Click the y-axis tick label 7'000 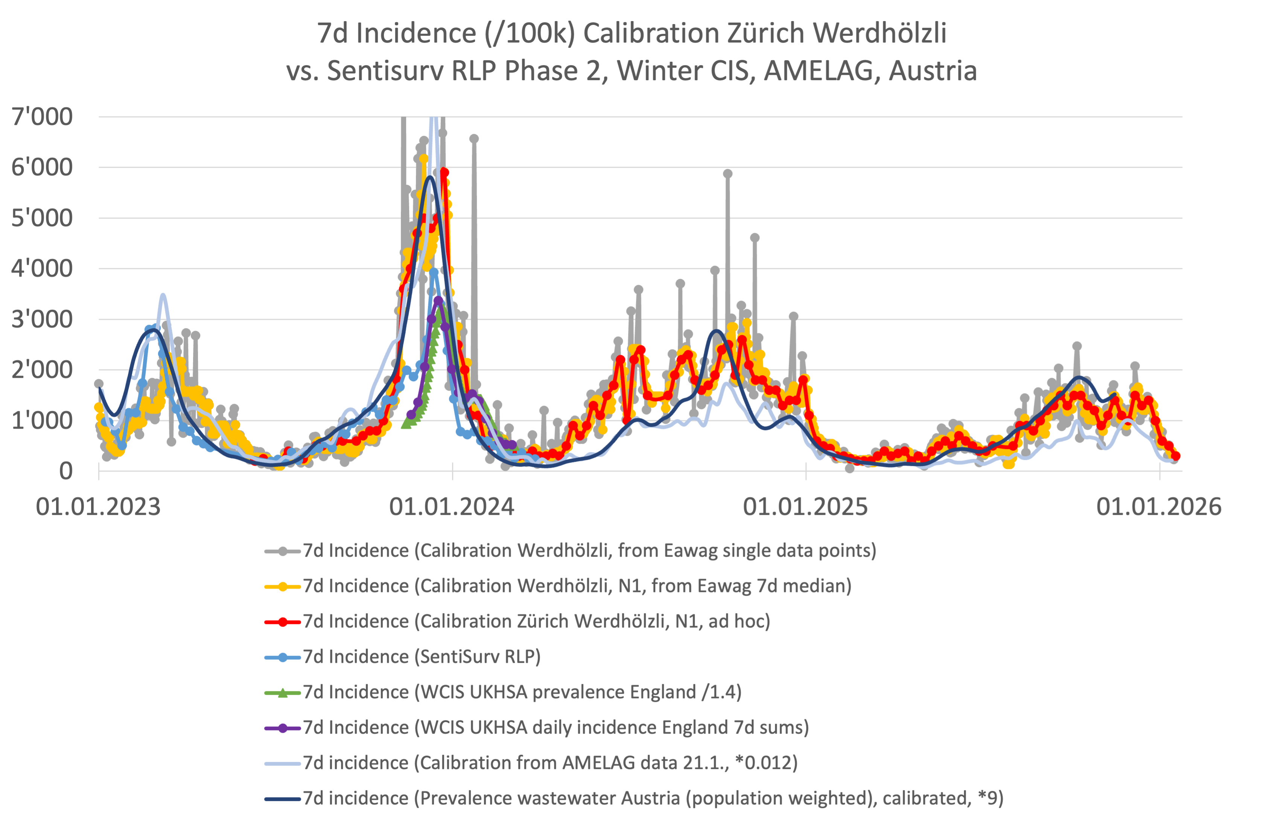tap(42, 117)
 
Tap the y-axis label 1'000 tap(42, 421)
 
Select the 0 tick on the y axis tap(65, 471)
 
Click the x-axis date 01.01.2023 tap(98, 507)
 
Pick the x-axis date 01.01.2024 tap(452, 507)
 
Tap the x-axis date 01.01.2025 tap(805, 507)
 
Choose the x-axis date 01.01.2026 tap(1159, 507)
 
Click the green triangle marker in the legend tap(283, 692)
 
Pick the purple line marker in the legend tap(283, 728)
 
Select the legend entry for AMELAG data tap(550, 763)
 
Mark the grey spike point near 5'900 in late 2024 tap(728, 174)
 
